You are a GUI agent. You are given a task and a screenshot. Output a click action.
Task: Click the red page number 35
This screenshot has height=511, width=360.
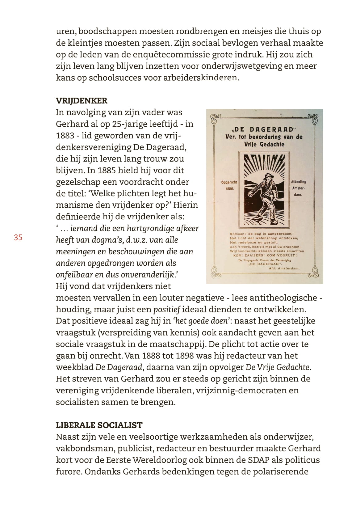click(x=18, y=237)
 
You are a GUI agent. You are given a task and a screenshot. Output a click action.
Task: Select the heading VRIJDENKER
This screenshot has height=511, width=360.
click(x=82, y=101)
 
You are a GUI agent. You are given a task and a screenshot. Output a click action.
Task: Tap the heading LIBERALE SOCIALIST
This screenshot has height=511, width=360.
click(x=99, y=425)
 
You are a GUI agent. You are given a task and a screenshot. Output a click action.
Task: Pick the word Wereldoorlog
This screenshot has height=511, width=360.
click(x=160, y=460)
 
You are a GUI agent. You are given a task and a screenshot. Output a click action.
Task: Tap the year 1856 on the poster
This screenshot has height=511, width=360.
click(x=230, y=189)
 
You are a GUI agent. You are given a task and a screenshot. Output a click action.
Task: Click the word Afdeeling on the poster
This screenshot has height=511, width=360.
click(x=299, y=182)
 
